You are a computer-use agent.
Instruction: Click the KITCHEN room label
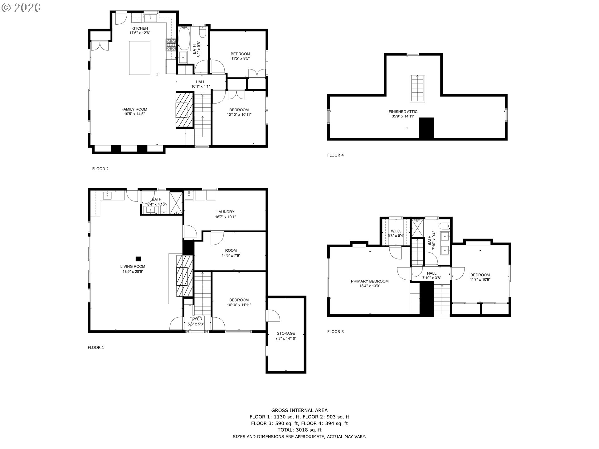[x=139, y=28]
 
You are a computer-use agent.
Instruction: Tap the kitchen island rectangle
[x=140, y=58]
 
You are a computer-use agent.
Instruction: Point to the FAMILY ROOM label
[x=134, y=109]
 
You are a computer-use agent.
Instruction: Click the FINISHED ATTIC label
[x=403, y=112]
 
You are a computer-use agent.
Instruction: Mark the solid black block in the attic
[x=426, y=128]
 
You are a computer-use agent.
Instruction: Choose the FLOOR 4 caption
[x=335, y=155]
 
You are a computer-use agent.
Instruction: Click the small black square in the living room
[x=138, y=258]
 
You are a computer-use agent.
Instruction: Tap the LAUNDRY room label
[x=225, y=212]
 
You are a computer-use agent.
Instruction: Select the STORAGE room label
[x=286, y=333]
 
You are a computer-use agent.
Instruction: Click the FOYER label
[x=196, y=319]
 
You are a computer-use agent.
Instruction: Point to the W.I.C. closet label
[x=396, y=231]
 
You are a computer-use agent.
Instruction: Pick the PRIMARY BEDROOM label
[x=370, y=281]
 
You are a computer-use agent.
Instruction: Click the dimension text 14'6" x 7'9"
[x=231, y=255]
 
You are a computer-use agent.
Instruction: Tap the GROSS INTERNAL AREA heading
[x=299, y=410]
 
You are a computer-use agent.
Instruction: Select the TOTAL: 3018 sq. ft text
[x=299, y=430]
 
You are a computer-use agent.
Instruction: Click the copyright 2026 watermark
[x=21, y=7]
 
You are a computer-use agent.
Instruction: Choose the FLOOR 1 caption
[x=96, y=347]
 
